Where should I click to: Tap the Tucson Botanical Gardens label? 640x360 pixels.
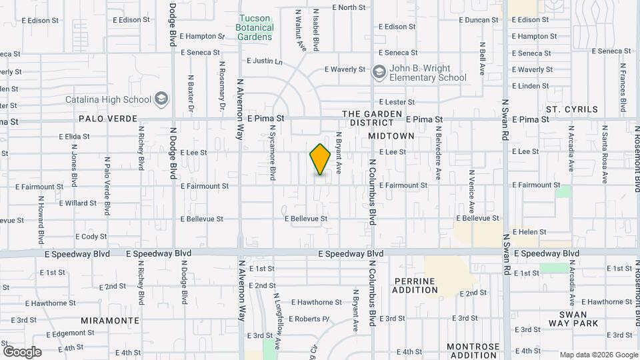pos(255,28)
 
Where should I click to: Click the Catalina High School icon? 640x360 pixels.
pos(161,100)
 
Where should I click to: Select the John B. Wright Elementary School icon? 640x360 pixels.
pos(379,72)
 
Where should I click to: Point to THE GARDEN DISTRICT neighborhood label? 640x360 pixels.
pos(373,118)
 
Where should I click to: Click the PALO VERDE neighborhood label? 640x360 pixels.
pos(103,119)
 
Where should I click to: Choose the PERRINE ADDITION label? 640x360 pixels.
pos(415,285)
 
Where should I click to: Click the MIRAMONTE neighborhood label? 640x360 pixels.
pos(110,321)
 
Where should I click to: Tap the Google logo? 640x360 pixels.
pos(21,352)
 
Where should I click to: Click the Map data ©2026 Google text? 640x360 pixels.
pos(598,355)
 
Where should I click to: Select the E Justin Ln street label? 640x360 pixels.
pos(265,61)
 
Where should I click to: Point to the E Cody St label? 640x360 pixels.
pos(91,237)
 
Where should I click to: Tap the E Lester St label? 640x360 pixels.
pos(397,102)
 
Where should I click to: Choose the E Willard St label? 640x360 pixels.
pos(78,203)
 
